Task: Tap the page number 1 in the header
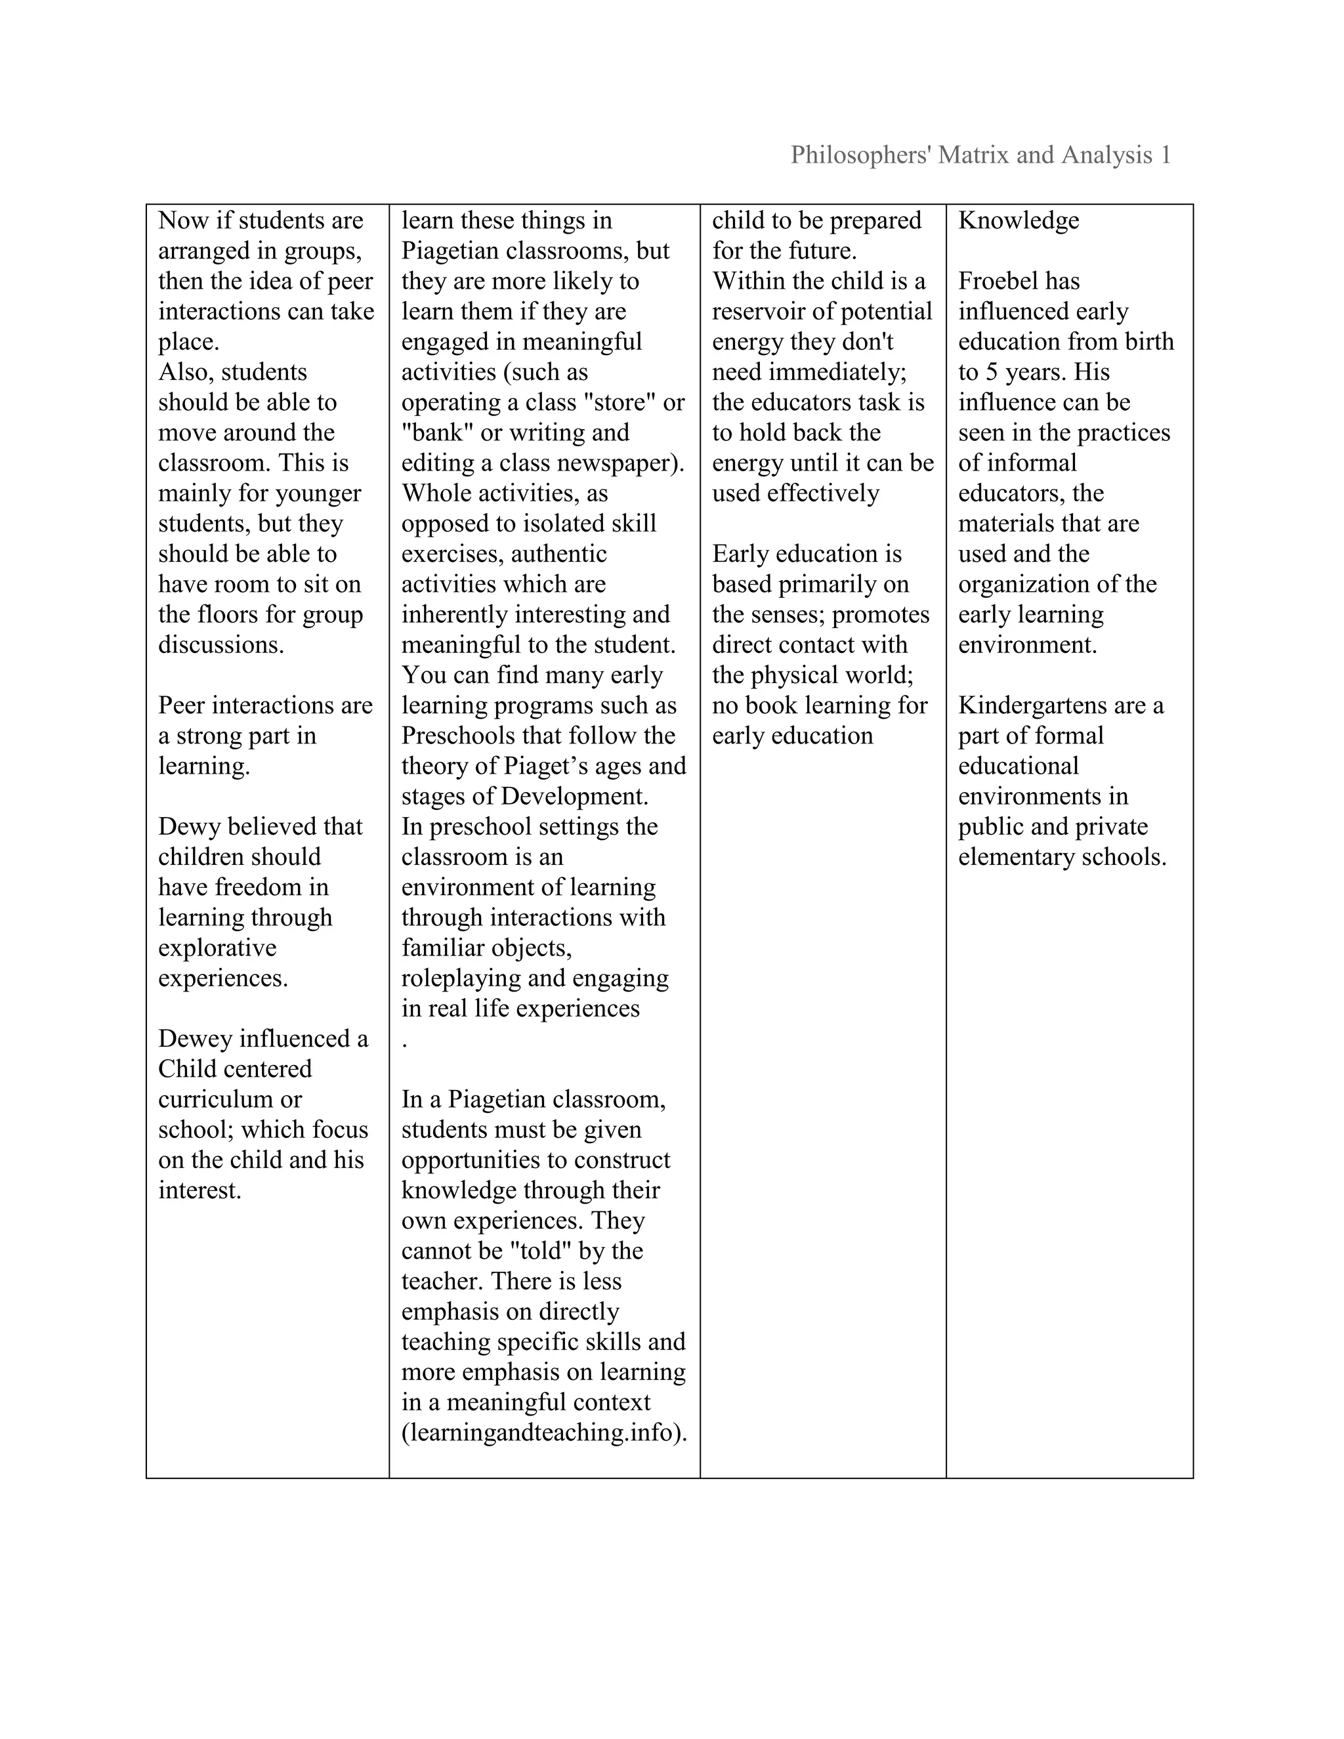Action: (x=1165, y=156)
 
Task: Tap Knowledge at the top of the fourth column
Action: (x=1018, y=220)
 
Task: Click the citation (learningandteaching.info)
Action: (x=544, y=1433)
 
